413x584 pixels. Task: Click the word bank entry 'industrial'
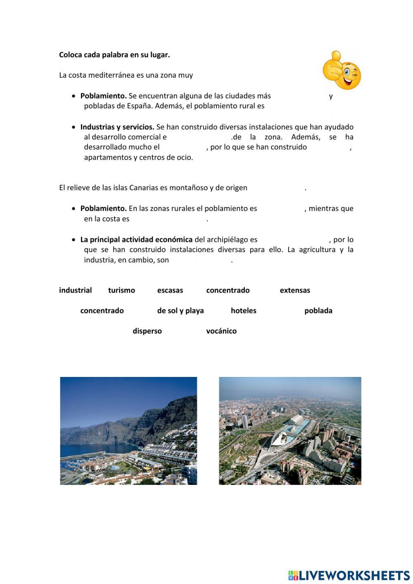75,290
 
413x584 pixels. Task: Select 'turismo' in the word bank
121,290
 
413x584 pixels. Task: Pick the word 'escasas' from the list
170,290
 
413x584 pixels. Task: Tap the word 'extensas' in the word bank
294,290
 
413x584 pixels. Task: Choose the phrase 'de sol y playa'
180,310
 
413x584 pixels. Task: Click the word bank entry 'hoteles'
243,310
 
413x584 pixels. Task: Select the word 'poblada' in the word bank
318,310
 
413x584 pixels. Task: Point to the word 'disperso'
147,331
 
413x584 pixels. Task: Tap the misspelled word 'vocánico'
221,331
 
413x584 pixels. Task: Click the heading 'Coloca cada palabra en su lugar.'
114,55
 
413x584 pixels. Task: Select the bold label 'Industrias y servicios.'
117,127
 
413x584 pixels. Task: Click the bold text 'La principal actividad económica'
136,239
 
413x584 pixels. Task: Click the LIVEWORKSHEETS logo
349,575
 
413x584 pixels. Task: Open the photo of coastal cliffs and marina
128,431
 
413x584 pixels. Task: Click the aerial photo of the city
290,431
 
